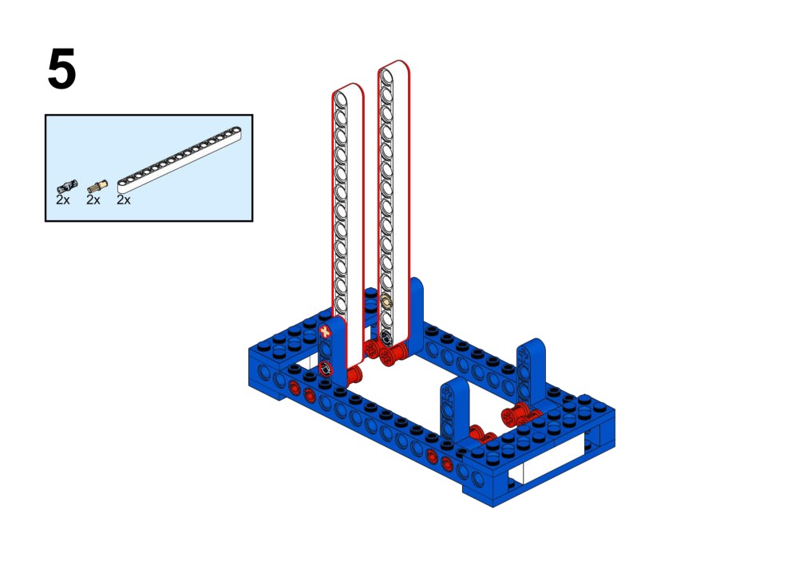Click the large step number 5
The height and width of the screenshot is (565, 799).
(61, 69)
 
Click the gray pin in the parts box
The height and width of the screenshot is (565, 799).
(67, 187)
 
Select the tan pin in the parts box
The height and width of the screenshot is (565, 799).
(97, 186)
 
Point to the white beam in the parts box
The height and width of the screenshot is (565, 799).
(180, 160)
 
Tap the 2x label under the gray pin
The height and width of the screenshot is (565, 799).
(63, 200)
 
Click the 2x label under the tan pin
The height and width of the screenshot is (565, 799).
(93, 200)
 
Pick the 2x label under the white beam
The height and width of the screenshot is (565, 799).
(124, 200)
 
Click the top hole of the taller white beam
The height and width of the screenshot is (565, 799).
(387, 77)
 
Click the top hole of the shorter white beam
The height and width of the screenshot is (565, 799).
(341, 99)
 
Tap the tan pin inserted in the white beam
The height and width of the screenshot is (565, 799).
(387, 302)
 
